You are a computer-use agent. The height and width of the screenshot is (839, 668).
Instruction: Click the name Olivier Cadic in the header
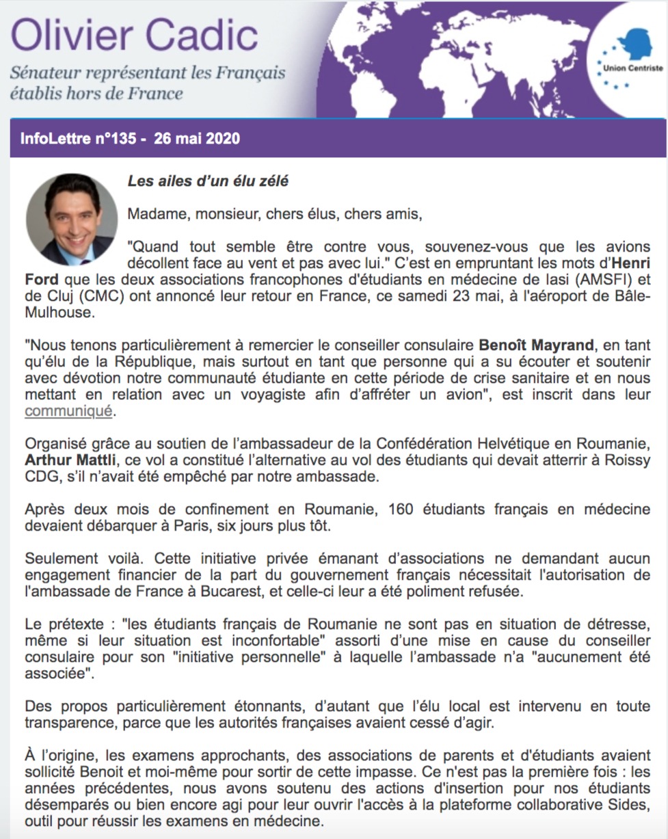point(134,34)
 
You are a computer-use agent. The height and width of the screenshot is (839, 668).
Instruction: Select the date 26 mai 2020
point(197,139)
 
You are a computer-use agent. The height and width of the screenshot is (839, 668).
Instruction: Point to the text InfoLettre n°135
point(83,139)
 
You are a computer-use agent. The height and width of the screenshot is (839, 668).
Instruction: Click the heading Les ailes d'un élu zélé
point(208,181)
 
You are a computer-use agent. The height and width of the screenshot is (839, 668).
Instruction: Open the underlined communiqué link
point(68,411)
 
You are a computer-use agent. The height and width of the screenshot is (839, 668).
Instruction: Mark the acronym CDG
point(41,477)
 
